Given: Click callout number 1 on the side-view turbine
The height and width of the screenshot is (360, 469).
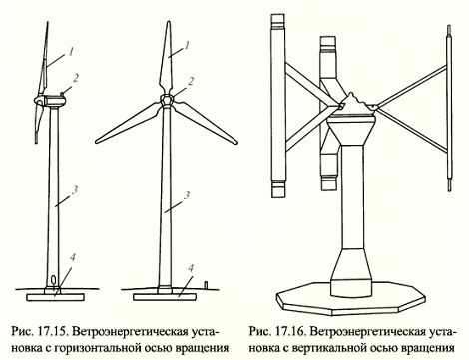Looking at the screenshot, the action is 72,51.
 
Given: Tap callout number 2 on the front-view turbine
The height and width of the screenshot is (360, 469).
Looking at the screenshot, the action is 191,81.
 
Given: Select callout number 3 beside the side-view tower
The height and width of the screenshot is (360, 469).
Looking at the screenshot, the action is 75,190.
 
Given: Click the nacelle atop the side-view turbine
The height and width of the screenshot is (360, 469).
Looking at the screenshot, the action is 53,100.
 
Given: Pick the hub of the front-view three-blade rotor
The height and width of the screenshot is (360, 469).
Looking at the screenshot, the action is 167,100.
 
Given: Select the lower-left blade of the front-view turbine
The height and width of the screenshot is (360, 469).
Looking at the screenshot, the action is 129,122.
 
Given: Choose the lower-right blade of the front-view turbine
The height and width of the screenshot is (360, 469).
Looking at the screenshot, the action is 205,122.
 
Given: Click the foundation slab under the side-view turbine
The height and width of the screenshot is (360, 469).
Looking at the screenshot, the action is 56,297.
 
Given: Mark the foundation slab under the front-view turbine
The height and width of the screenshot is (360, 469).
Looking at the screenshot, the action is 162,297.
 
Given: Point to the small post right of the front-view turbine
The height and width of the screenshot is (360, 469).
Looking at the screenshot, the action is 206,284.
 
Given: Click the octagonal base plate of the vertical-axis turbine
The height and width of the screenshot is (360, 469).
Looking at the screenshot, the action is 351,299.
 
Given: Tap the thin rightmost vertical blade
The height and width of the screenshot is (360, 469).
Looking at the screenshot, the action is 449,109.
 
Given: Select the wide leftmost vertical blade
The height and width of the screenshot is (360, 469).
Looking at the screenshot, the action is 278,106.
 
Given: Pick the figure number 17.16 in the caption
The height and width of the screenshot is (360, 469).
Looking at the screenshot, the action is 289,332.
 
